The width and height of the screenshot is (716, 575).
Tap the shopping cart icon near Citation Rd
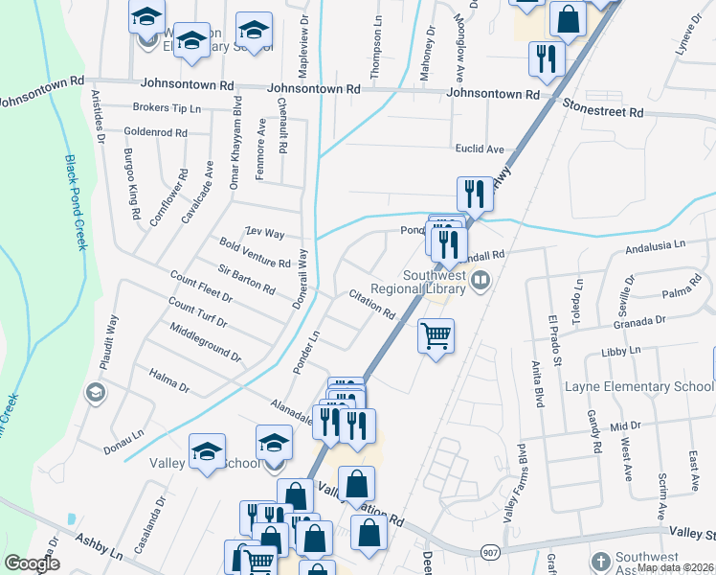[x=436, y=335]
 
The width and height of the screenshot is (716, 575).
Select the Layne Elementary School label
[x=638, y=387]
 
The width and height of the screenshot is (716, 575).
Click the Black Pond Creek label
[x=76, y=202]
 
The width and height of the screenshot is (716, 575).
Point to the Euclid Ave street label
[x=479, y=149]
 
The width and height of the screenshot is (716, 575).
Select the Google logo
[x=32, y=563]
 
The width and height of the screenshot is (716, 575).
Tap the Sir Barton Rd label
[x=246, y=279]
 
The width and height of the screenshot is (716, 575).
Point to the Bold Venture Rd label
[x=255, y=255]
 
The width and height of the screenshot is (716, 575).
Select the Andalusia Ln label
[x=656, y=245]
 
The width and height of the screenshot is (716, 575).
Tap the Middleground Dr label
[x=205, y=342]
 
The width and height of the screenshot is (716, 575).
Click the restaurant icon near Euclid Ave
[x=474, y=194]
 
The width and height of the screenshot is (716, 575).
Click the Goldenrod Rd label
[x=155, y=131]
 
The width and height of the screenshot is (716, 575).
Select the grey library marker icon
[x=481, y=283]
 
